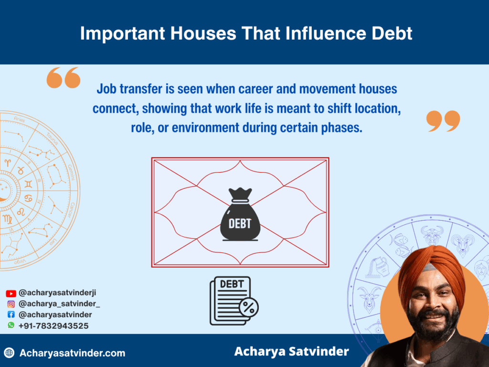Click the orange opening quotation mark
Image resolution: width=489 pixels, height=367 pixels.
[64, 77]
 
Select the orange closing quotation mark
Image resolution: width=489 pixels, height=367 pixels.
[443, 121]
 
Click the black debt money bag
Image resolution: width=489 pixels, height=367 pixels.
[240, 215]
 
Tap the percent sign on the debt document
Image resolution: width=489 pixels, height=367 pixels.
[248, 308]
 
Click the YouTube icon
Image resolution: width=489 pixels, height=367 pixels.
[11, 293]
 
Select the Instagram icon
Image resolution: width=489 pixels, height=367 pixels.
[11, 304]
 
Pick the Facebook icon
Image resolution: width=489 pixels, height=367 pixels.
[11, 314]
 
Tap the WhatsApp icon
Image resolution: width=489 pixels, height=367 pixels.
[11, 325]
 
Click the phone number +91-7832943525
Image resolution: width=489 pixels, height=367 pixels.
[53, 326]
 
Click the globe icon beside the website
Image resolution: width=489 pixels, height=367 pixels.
[9, 353]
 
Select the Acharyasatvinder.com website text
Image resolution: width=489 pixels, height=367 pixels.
[73, 353]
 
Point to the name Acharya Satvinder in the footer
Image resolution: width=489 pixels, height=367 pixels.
[292, 351]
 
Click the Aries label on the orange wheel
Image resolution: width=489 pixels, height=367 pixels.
[19, 119]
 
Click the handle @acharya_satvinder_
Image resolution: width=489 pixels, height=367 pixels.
[59, 303]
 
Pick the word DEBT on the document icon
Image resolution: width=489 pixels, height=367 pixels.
[232, 284]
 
